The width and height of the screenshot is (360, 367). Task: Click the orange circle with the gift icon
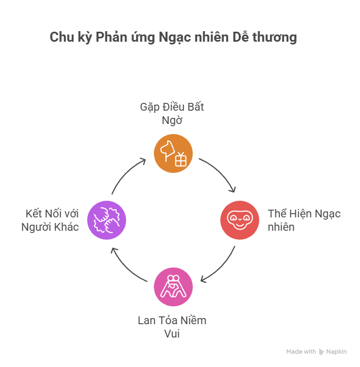[x=173, y=153]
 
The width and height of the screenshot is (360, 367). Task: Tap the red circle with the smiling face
[x=240, y=220]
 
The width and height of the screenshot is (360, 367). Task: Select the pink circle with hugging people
[x=173, y=287]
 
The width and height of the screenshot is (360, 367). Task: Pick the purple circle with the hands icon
[x=107, y=220]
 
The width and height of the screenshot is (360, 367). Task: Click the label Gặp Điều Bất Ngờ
[x=172, y=113]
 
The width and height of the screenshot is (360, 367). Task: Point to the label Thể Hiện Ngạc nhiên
[x=304, y=220]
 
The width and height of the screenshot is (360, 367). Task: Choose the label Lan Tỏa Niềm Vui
[x=172, y=327]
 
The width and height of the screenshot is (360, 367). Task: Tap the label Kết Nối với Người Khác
[x=51, y=220]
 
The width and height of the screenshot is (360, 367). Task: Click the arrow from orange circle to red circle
[x=221, y=174]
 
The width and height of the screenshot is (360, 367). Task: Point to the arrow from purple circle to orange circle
[x=127, y=173]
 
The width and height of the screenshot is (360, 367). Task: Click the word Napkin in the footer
[x=337, y=352]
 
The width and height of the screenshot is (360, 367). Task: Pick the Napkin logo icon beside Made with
[x=321, y=352]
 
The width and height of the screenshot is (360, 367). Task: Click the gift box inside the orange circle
[x=181, y=160]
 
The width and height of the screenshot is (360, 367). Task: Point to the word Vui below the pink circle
[x=172, y=334]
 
